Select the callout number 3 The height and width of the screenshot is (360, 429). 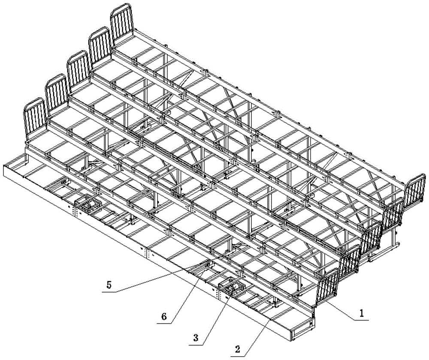point(196,338)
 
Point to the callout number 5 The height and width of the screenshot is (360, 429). point(109,285)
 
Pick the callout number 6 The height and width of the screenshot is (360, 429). point(163,317)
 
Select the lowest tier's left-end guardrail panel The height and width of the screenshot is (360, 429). point(35,118)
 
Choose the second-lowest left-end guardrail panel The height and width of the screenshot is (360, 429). point(57,93)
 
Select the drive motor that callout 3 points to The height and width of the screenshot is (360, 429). point(232,288)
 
